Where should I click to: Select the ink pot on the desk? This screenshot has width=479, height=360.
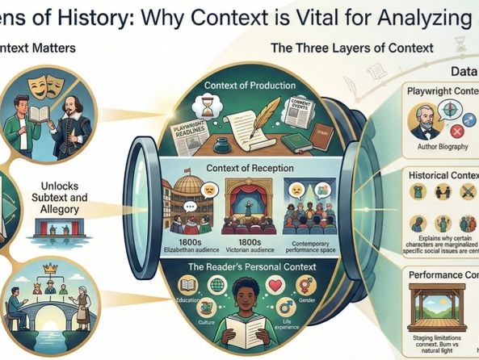(217, 144)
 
